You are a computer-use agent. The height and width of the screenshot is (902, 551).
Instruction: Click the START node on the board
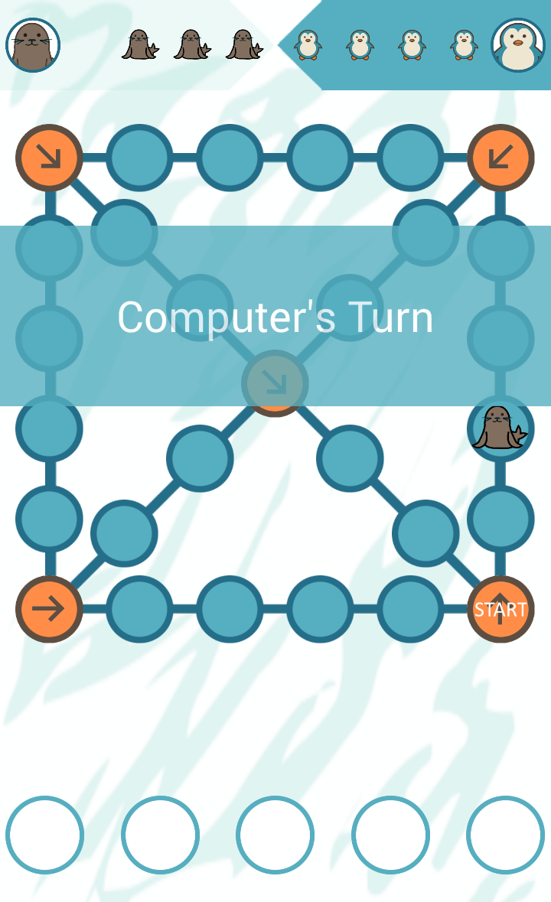pyautogui.click(x=500, y=610)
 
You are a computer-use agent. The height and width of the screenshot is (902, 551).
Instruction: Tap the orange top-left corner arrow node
pyautogui.click(x=49, y=158)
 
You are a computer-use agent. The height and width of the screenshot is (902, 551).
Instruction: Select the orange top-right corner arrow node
pyautogui.click(x=500, y=158)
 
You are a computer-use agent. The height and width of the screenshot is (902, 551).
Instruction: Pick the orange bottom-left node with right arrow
pyautogui.click(x=49, y=610)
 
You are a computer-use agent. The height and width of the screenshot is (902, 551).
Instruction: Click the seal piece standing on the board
pyautogui.click(x=499, y=428)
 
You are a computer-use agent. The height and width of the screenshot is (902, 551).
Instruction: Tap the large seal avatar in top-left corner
pyautogui.click(x=33, y=45)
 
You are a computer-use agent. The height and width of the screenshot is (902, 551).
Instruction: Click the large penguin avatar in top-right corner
pyautogui.click(x=518, y=45)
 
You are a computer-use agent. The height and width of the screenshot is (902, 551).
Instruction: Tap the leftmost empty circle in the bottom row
pyautogui.click(x=44, y=835)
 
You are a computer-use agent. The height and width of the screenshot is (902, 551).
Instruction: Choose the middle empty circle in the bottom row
pyautogui.click(x=275, y=835)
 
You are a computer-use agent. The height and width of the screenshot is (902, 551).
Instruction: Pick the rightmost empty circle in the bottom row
pyautogui.click(x=505, y=835)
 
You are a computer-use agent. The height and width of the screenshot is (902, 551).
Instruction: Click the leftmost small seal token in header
pyautogui.click(x=140, y=45)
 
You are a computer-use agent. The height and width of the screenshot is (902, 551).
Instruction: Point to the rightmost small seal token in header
pyautogui.click(x=244, y=45)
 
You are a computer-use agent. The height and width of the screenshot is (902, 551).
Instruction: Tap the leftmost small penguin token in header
pyautogui.click(x=308, y=45)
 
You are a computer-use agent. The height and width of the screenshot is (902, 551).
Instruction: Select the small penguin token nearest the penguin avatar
pyautogui.click(x=464, y=45)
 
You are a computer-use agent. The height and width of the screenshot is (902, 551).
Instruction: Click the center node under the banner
pyautogui.click(x=275, y=383)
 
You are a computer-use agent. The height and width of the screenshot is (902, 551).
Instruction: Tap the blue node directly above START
pyautogui.click(x=500, y=519)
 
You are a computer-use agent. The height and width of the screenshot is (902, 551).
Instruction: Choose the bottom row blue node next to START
pyautogui.click(x=410, y=610)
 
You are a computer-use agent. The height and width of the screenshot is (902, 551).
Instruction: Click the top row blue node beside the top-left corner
pyautogui.click(x=139, y=158)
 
